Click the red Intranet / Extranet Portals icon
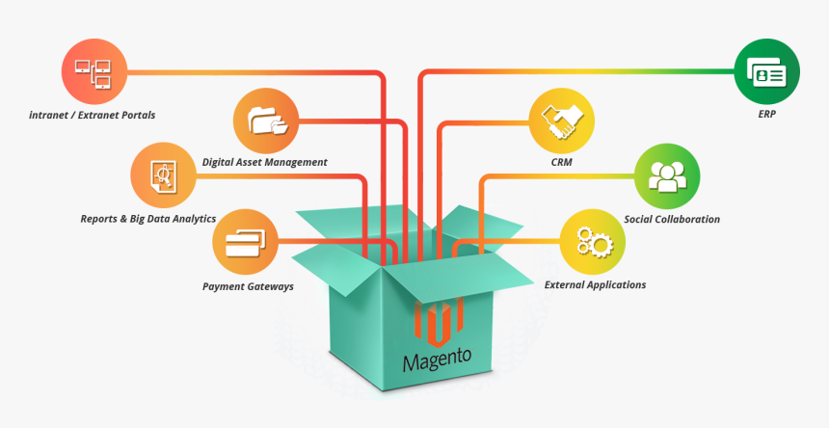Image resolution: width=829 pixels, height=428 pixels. pos(94,70)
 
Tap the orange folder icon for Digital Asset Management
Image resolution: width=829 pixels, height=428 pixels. pos(266,120)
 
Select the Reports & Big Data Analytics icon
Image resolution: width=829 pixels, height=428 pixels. pos(164,174)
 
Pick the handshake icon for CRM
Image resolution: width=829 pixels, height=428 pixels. pos(562,120)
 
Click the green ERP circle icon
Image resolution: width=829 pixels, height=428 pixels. pos(767,73)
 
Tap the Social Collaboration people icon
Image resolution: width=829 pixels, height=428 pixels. pos(667,174)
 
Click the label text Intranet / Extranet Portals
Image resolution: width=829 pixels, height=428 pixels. pos(93,115)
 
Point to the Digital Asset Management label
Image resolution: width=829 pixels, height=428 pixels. pos(265,162)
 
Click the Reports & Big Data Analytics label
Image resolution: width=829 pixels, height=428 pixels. pos(148,219)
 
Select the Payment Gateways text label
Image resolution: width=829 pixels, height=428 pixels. pos(248,286)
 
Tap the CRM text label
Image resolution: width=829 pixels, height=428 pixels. pos(562,163)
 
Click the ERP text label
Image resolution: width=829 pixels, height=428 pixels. pos(767,115)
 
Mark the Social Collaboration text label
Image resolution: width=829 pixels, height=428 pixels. pos(672,219)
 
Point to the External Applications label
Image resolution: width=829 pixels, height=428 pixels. pos(595,285)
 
